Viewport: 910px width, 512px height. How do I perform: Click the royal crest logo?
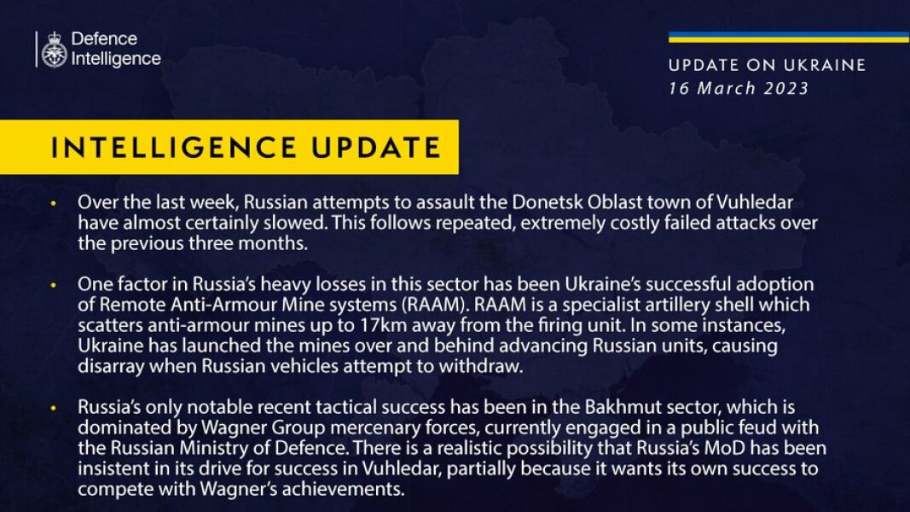pyautogui.click(x=55, y=50)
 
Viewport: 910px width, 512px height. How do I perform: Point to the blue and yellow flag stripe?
pyautogui.click(x=788, y=37)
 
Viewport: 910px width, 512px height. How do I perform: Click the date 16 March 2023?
pyautogui.click(x=739, y=89)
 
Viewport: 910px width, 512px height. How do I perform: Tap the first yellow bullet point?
pyautogui.click(x=54, y=204)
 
